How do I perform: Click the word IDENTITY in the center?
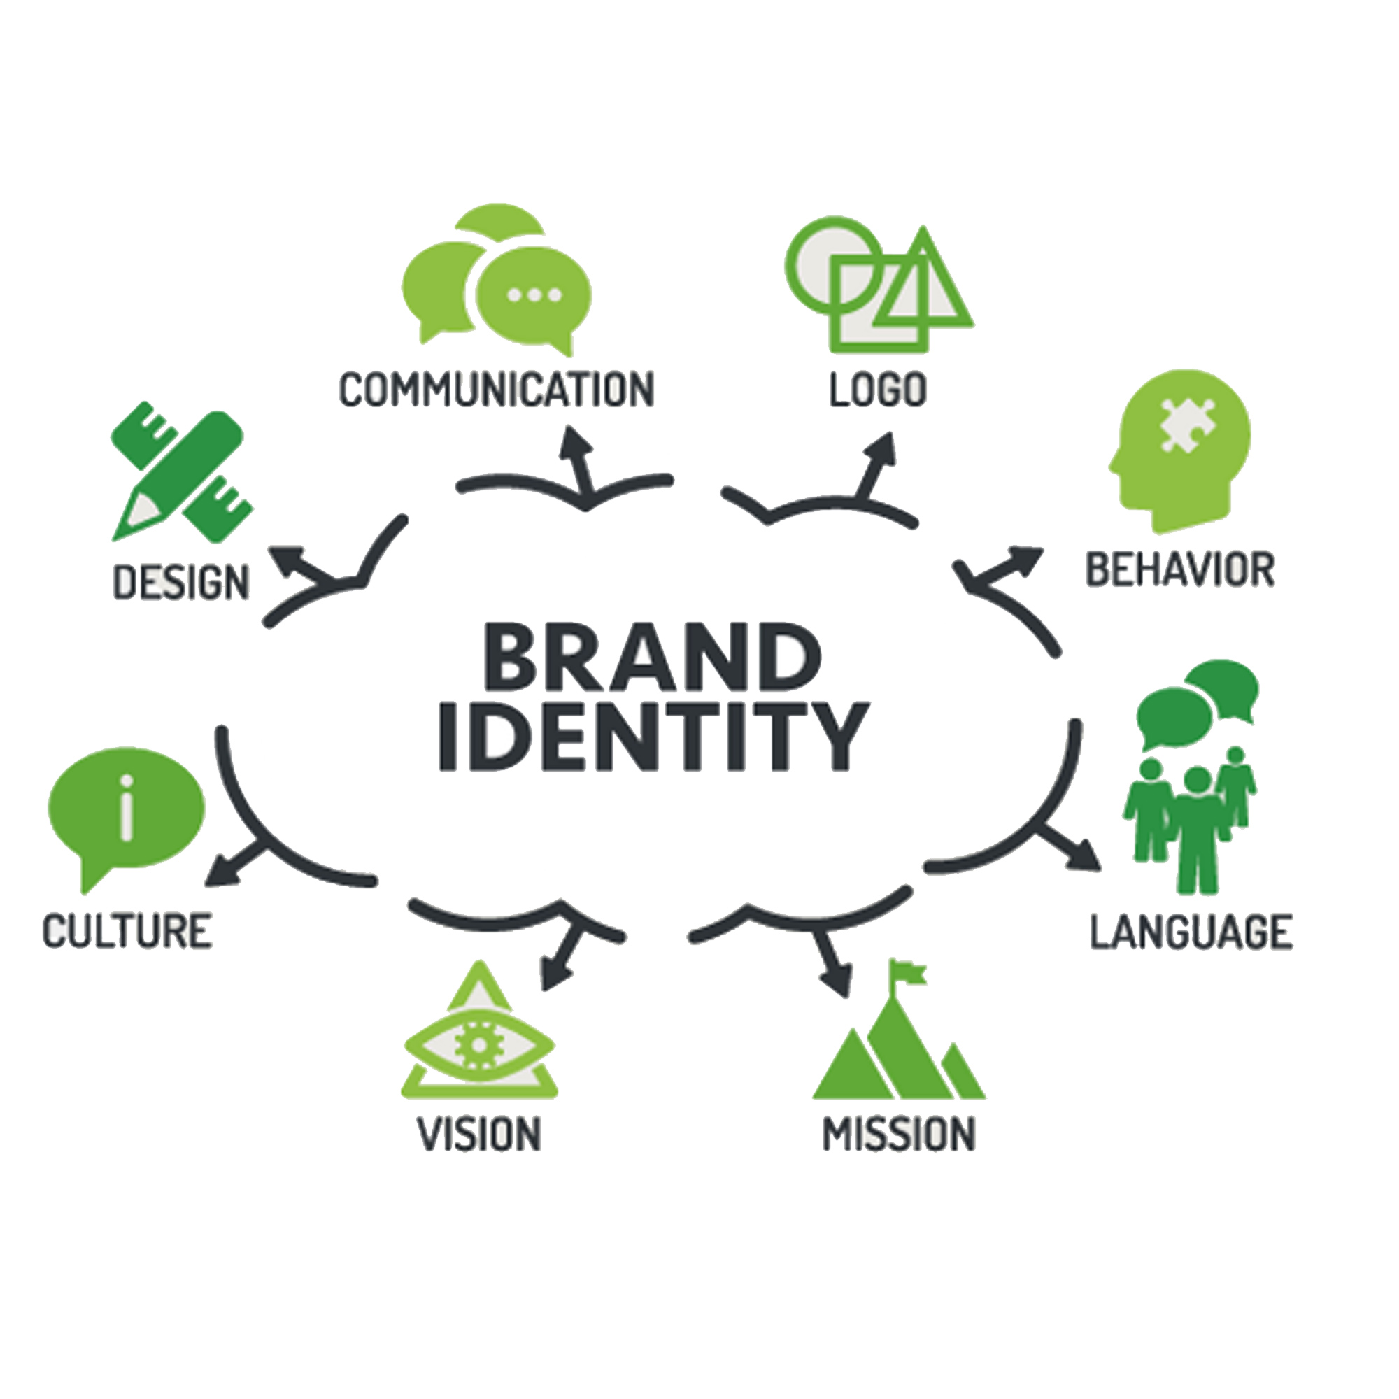click(x=653, y=736)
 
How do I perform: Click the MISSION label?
click(x=900, y=1134)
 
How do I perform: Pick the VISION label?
click(x=479, y=1134)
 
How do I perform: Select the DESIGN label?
click(x=182, y=583)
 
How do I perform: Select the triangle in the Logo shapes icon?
click(x=925, y=286)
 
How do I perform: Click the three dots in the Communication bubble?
click(x=534, y=294)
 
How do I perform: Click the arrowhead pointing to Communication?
click(x=576, y=439)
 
